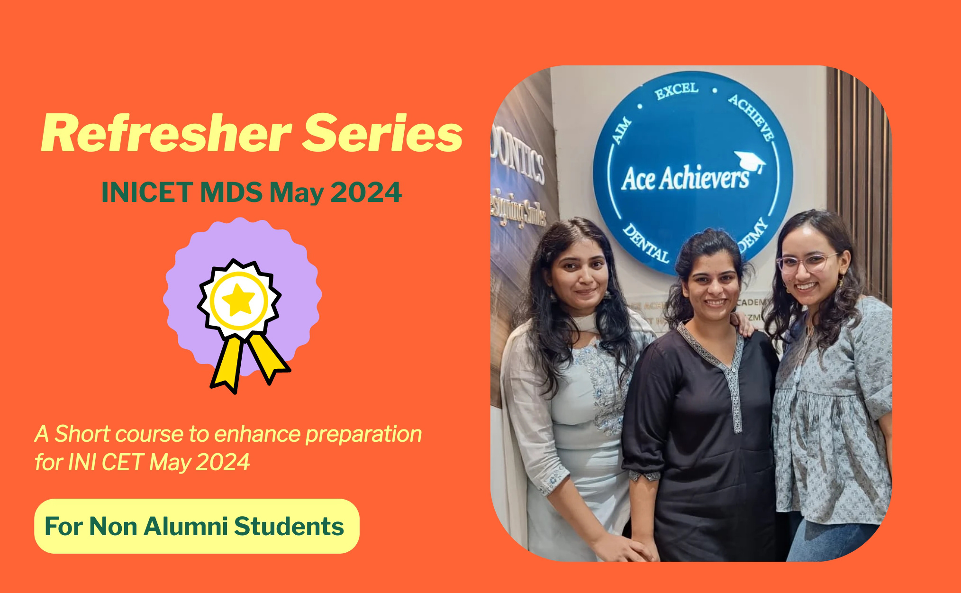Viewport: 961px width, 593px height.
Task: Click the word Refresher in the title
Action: (166, 134)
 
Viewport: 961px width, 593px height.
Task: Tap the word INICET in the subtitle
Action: (147, 192)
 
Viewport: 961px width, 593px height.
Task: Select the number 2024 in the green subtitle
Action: (366, 192)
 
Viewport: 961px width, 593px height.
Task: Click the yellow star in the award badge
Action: (238, 300)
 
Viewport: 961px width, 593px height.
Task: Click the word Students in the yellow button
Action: (289, 526)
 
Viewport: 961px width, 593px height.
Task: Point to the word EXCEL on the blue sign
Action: (677, 91)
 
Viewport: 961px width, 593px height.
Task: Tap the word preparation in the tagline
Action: (363, 434)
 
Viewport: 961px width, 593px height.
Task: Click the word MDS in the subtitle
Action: (231, 192)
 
